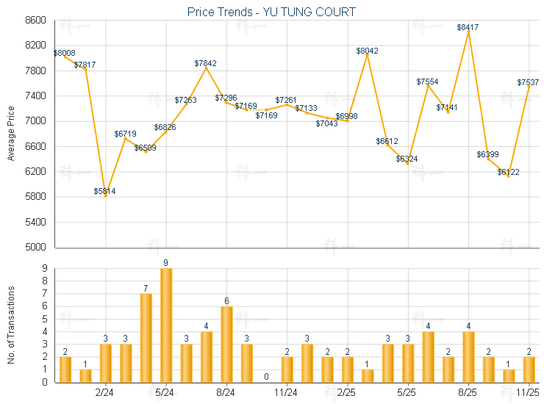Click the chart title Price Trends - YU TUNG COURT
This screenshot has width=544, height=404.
[x=271, y=12]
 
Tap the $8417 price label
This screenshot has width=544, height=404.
[x=468, y=27]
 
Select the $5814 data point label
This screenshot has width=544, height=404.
[x=104, y=191]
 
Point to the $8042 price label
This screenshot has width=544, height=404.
[x=367, y=51]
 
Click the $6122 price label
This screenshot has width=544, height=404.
[x=508, y=172]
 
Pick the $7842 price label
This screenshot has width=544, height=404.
[x=206, y=63]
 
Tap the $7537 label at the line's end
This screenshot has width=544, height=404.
[x=528, y=82]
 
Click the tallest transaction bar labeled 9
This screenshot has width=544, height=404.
[x=166, y=325]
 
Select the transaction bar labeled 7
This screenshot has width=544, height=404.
[x=146, y=337]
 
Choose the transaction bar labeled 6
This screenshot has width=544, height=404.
[x=226, y=344]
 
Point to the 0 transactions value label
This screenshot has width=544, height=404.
[x=267, y=376]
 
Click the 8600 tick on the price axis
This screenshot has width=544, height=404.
[x=35, y=21]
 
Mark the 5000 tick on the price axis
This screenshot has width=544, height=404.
[x=35, y=248]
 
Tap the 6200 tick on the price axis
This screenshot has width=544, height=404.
[x=35, y=172]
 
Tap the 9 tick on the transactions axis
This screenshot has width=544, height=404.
[x=45, y=268]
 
